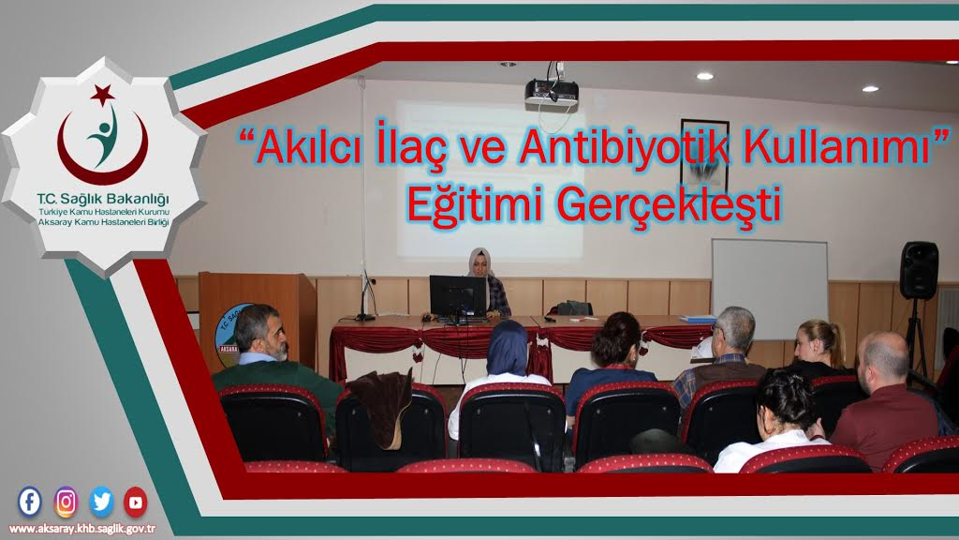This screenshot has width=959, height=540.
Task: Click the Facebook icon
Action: click(x=30, y=502)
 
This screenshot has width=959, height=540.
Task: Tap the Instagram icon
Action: click(x=66, y=502)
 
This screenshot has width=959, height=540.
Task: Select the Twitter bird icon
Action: click(x=101, y=502)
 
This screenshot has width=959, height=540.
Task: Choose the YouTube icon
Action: click(x=136, y=502)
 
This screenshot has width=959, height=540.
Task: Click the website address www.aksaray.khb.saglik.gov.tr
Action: click(x=83, y=528)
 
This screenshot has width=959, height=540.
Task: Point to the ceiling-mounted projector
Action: click(x=551, y=91)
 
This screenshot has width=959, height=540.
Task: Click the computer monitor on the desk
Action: click(x=458, y=296)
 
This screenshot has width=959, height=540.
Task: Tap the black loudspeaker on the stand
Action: click(x=918, y=270)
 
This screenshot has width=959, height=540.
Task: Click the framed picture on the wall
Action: click(x=704, y=154)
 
